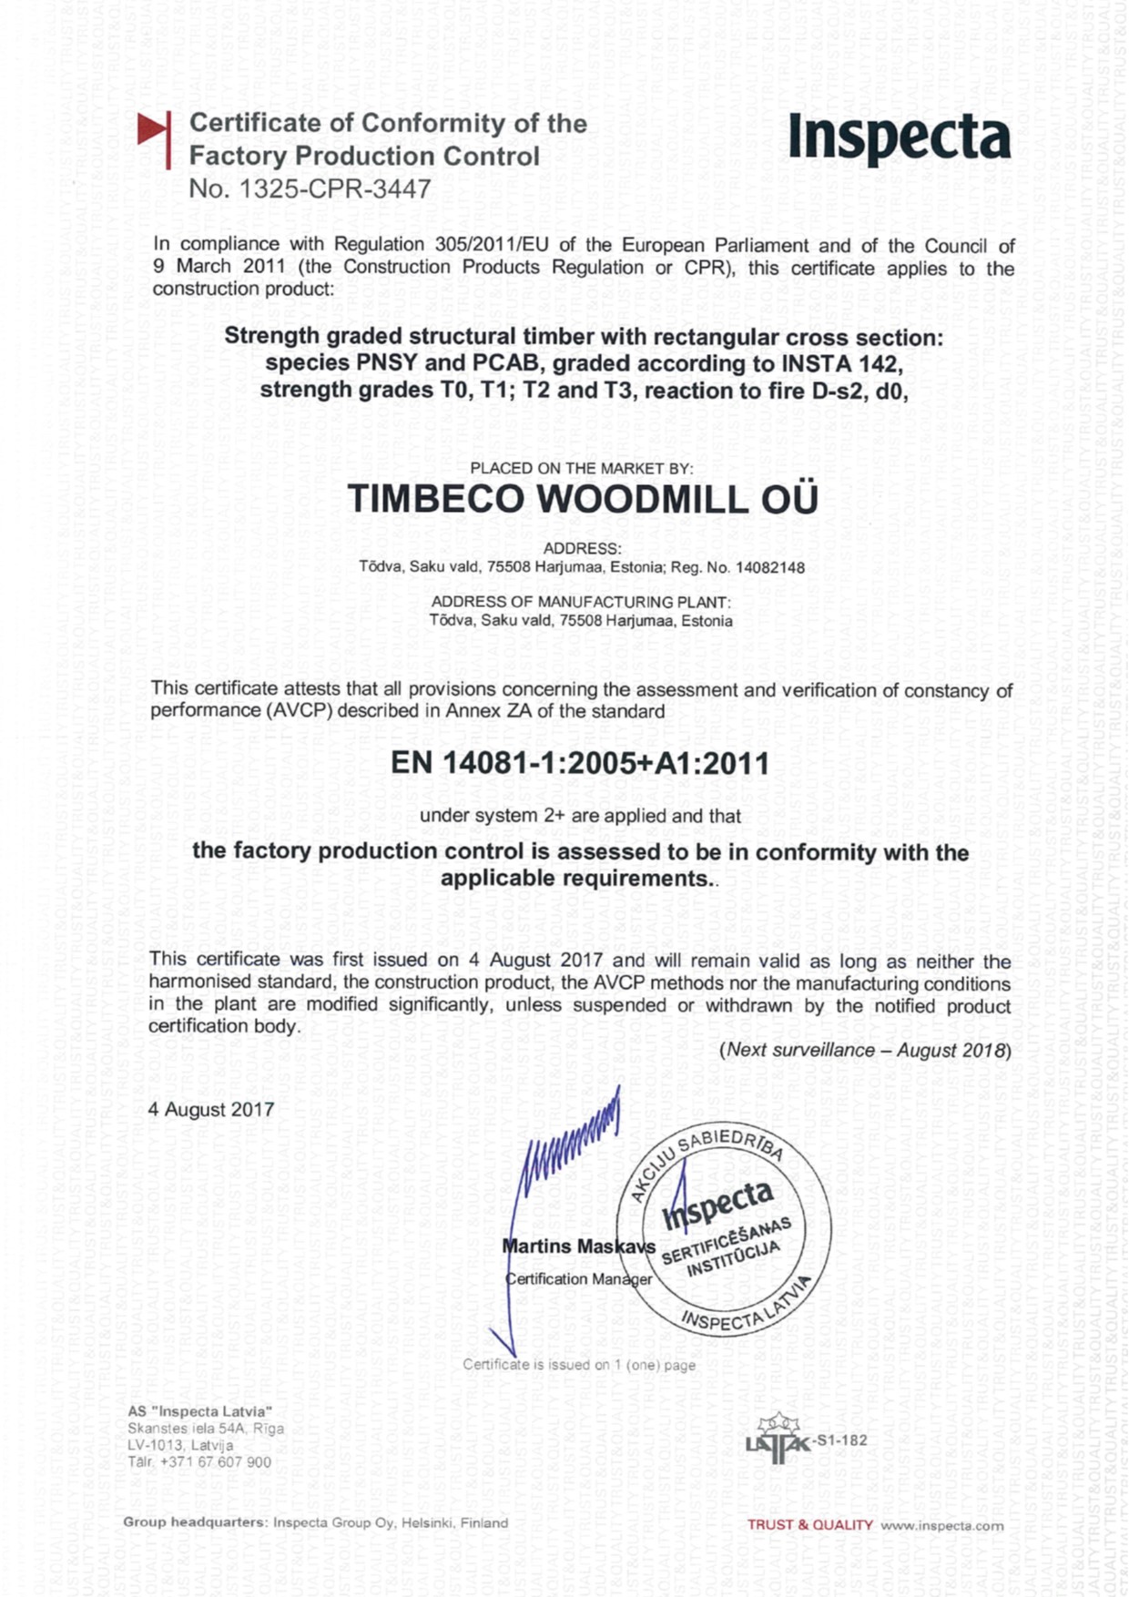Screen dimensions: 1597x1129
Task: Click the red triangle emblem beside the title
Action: [155, 137]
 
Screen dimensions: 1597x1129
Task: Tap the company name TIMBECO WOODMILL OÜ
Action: [583, 500]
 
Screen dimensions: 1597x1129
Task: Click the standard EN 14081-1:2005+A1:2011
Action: [580, 763]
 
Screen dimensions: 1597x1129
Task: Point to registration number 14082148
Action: [769, 568]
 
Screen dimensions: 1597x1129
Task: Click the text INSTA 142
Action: [840, 364]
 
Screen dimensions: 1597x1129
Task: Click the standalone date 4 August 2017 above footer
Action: [211, 1110]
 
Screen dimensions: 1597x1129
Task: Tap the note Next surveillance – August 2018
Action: [865, 1050]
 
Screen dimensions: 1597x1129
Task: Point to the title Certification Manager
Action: [579, 1279]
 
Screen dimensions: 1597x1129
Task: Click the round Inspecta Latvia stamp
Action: [724, 1230]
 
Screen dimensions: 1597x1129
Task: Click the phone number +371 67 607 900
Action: [215, 1462]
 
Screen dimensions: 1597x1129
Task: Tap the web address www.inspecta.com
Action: [941, 1525]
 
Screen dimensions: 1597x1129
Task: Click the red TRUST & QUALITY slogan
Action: [809, 1525]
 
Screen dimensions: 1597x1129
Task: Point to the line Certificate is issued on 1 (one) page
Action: [579, 1365]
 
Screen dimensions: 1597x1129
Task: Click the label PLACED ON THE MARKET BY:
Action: [581, 469]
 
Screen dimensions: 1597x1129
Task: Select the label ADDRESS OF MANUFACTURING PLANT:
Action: [581, 603]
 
